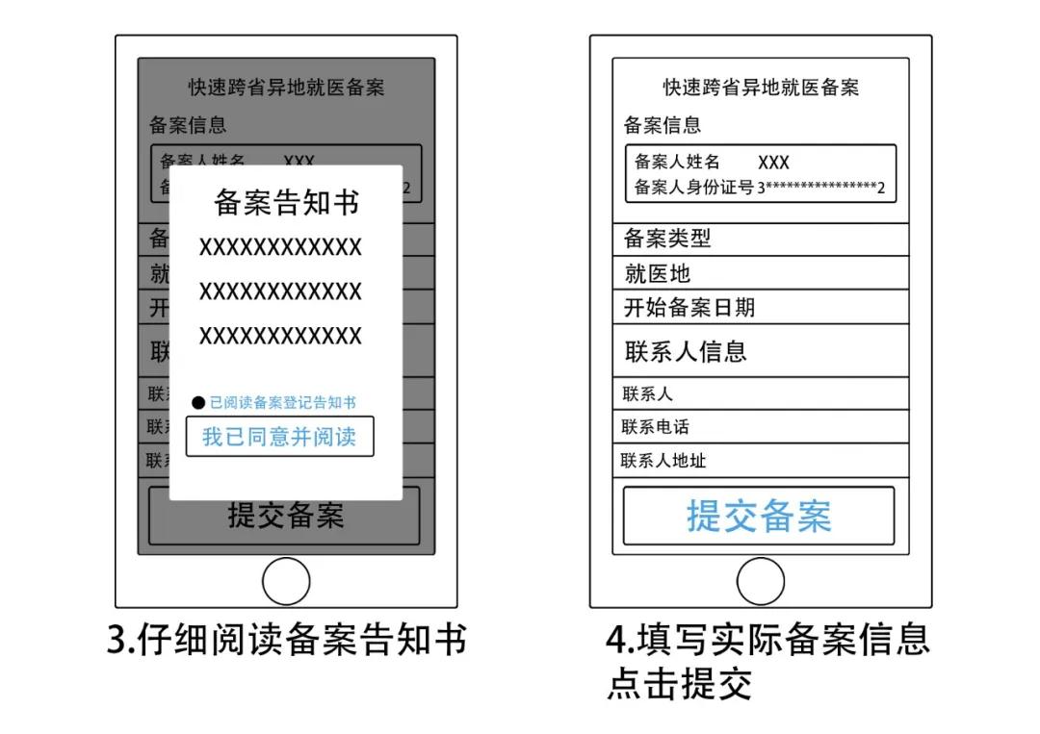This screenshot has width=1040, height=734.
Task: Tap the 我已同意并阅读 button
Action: pyautogui.click(x=279, y=437)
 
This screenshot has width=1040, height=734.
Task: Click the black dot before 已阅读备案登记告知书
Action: pyautogui.click(x=198, y=403)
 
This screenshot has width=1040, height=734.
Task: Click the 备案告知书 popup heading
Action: pyautogui.click(x=286, y=203)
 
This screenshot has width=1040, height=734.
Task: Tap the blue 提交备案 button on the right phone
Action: pyautogui.click(x=759, y=517)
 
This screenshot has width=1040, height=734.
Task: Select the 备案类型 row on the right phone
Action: pyautogui.click(x=760, y=239)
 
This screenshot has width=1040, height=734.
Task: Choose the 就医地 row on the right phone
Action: pyautogui.click(x=760, y=273)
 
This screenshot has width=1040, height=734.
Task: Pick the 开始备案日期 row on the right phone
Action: pyautogui.click(x=760, y=308)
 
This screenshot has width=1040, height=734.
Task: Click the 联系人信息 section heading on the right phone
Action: pyautogui.click(x=686, y=351)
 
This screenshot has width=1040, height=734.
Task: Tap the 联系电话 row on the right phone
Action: pyautogui.click(x=760, y=427)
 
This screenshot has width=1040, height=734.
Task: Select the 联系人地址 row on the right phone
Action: pyautogui.click(x=760, y=461)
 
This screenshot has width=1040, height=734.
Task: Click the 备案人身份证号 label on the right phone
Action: pyautogui.click(x=693, y=187)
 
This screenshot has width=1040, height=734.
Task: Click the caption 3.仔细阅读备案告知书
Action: pyautogui.click(x=287, y=640)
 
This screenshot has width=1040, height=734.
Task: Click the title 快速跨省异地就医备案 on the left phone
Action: pyautogui.click(x=286, y=88)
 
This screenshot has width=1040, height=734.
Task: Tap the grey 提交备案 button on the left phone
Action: pyautogui.click(x=285, y=517)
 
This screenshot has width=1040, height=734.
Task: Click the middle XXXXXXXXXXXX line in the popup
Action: pyautogui.click(x=280, y=291)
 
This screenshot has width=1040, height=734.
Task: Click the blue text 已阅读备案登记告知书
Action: pyautogui.click(x=283, y=403)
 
